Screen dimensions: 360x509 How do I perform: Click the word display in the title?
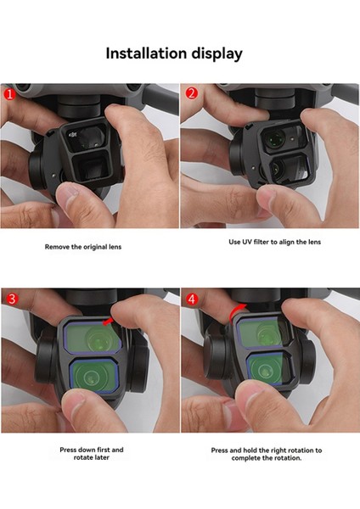[217, 54]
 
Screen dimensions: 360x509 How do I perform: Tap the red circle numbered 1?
[9, 94]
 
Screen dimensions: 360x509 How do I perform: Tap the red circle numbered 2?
[191, 93]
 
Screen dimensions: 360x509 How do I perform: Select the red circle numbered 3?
[12, 299]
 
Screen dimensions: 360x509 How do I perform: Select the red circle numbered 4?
[191, 299]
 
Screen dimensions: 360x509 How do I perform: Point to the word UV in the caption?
[246, 242]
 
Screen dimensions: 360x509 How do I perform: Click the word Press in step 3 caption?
[68, 450]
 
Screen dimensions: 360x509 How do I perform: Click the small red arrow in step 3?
[107, 322]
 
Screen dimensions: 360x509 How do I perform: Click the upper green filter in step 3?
[93, 338]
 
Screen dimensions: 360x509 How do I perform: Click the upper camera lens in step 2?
[275, 138]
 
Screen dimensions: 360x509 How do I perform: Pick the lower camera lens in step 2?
[276, 168]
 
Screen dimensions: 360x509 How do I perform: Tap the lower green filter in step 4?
[265, 369]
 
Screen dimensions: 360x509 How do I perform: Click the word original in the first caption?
[96, 247]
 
